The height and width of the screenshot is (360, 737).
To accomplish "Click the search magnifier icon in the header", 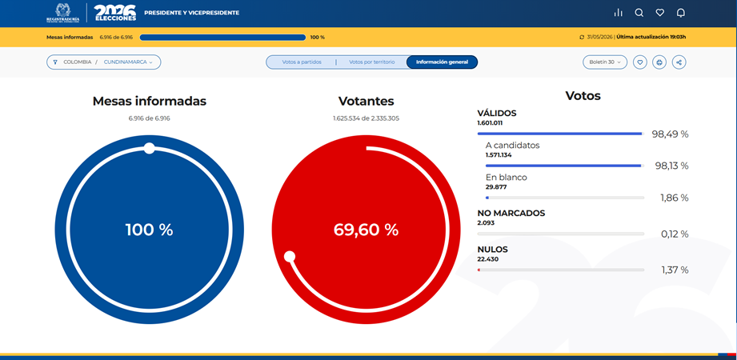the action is point(639,13).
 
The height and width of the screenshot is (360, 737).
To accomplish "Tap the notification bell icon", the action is point(681,13).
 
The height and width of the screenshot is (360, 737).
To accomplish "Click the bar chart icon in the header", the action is point(618,13).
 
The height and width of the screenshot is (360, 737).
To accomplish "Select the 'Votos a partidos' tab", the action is point(302,62).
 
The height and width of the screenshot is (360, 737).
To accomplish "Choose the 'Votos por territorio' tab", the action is point(372,62).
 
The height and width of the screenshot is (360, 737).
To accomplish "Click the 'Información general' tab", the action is point(442,62).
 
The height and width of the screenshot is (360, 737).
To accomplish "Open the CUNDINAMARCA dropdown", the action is point(128,62).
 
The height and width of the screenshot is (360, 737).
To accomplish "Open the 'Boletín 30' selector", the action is point(605,62).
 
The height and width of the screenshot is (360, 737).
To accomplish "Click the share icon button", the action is point(679,62).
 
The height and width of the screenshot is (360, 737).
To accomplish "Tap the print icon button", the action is point(659,62).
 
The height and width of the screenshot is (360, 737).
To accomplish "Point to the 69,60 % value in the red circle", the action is point(366,230).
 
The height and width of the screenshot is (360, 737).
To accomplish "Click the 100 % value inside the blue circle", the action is point(149,230).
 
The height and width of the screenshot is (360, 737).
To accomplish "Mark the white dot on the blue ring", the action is point(149,149).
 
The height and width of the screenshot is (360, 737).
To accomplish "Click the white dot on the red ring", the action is point(290,257).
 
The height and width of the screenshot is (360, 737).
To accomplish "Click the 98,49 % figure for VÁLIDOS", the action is point(670,134).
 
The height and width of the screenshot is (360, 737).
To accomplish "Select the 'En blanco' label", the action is point(507,178).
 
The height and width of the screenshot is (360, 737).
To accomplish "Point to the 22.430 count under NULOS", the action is point(488,259).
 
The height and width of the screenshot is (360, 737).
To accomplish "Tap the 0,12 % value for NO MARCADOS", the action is point(675,234).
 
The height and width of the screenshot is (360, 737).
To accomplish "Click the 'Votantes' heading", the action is point(366,101).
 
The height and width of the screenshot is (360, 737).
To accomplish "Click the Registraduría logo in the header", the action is point(63,13).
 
